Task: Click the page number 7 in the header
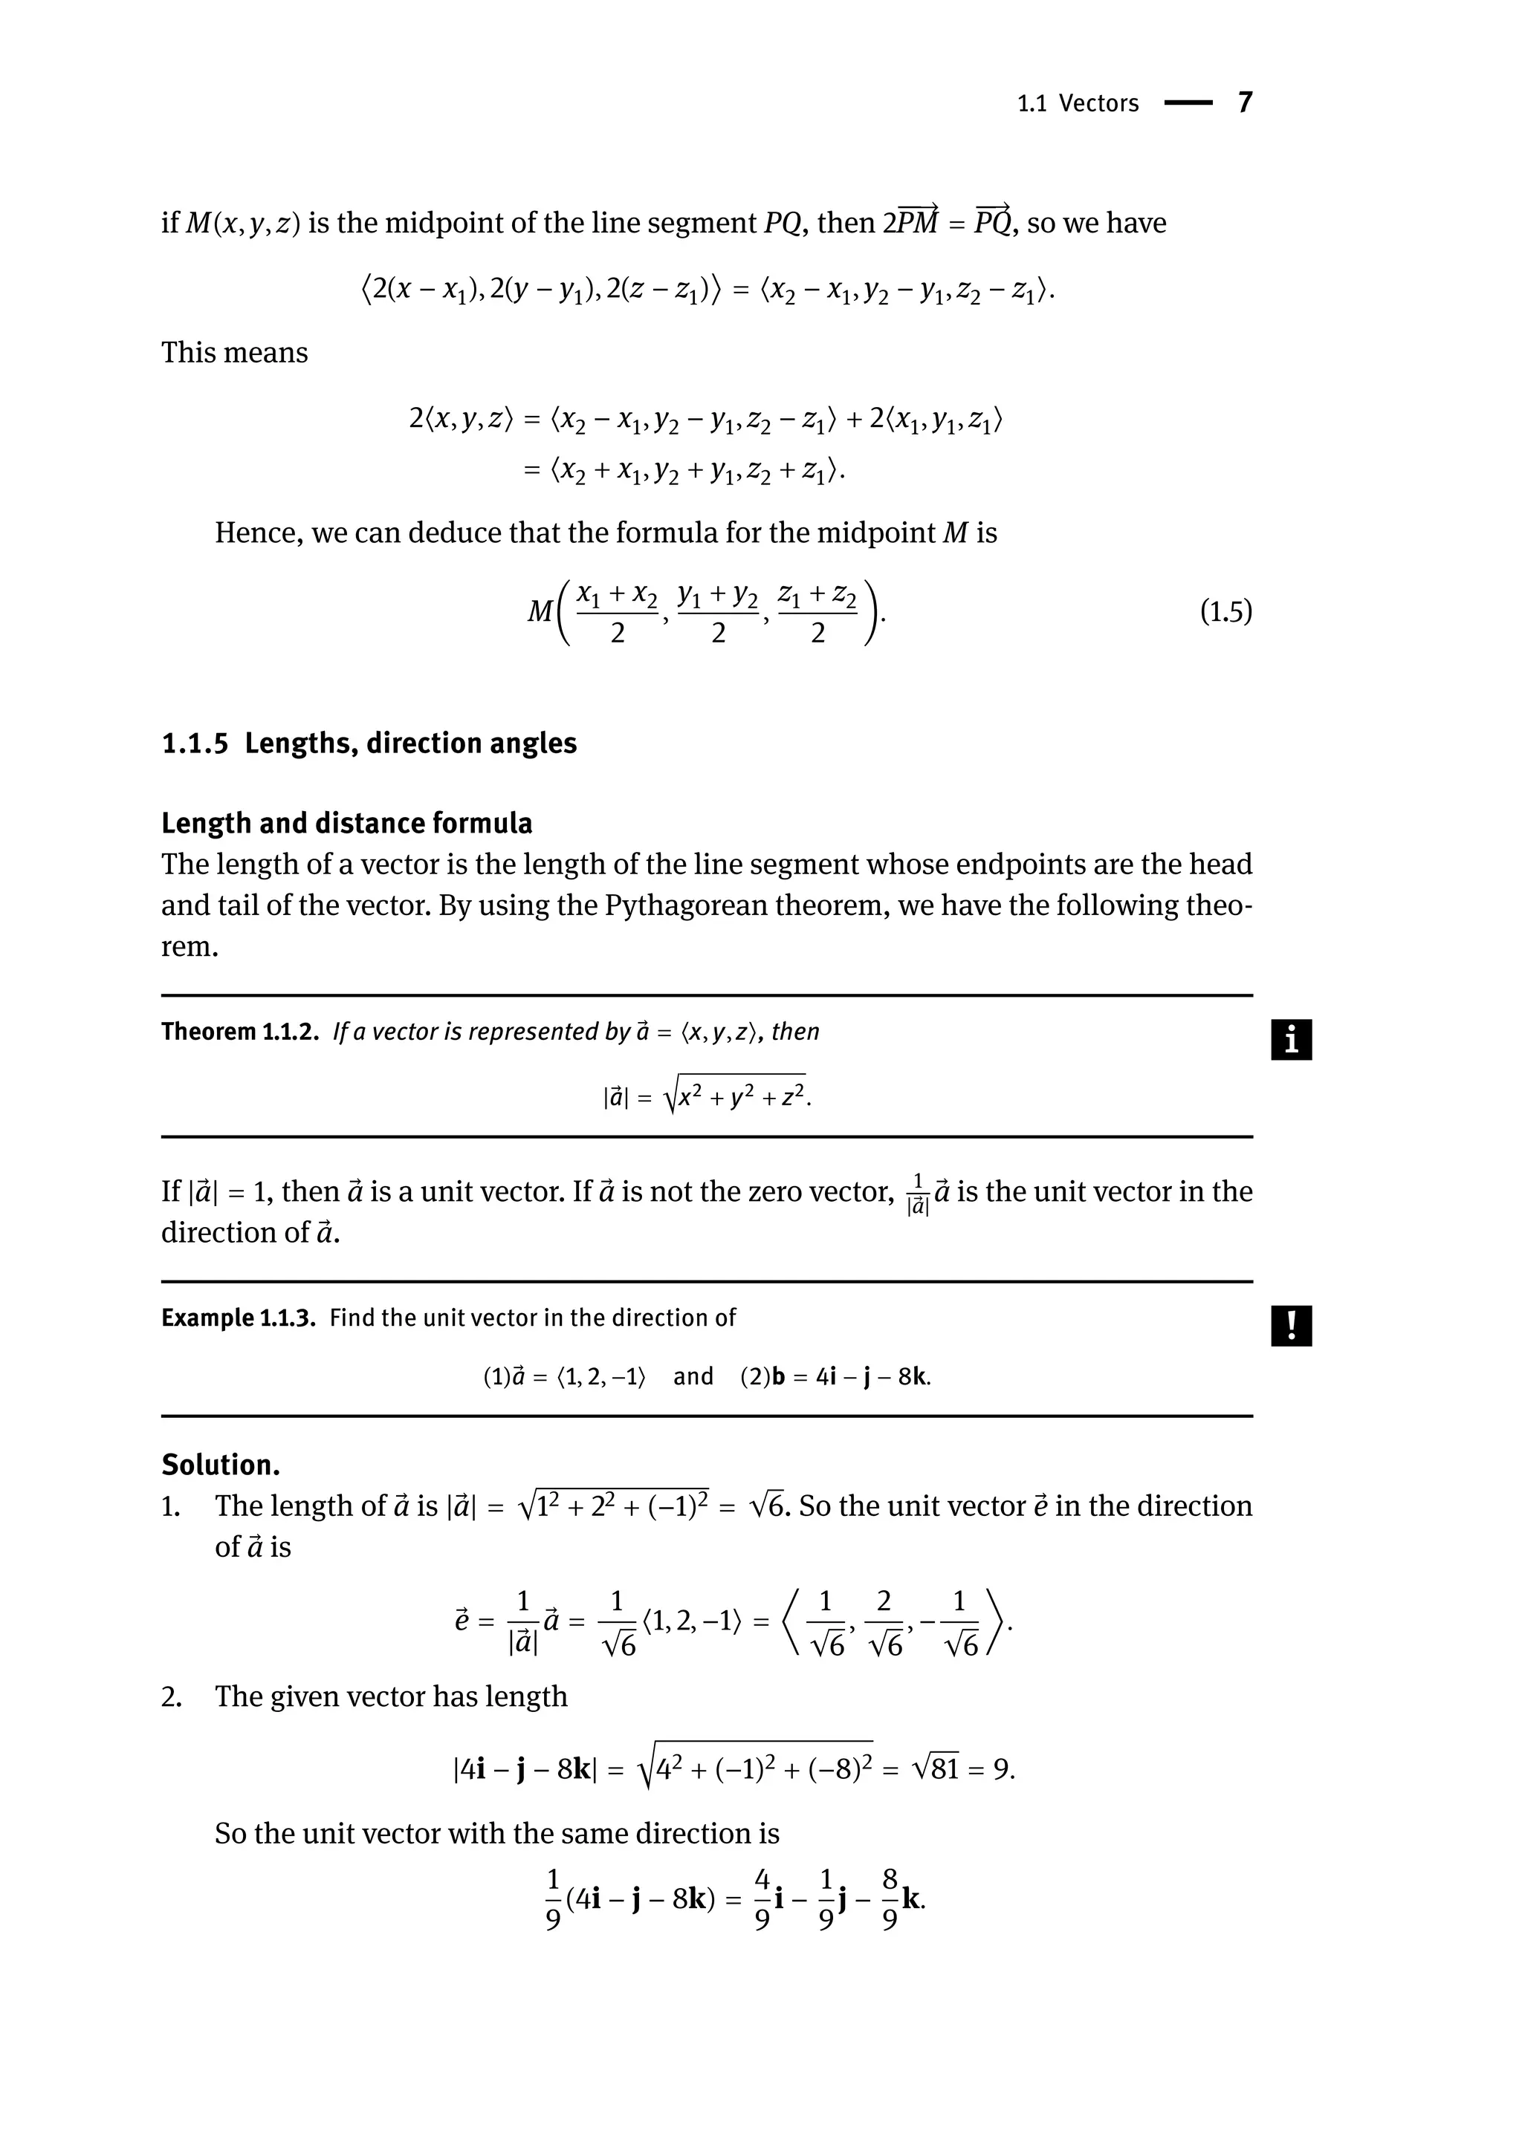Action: (1245, 102)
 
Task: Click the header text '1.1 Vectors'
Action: (1078, 103)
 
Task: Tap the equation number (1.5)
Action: (1225, 612)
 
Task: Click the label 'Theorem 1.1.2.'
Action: (240, 1032)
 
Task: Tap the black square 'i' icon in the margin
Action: (1291, 1040)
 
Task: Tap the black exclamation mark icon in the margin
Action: (1291, 1326)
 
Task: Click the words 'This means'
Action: (234, 352)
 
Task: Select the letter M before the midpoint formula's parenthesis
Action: (540, 612)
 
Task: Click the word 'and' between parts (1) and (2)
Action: (693, 1376)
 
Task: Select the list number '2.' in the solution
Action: (171, 1696)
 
